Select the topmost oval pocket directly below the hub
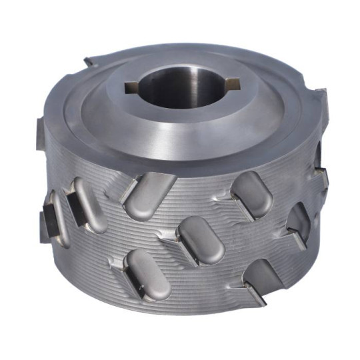(x=151, y=195)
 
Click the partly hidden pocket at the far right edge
(x=299, y=223)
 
